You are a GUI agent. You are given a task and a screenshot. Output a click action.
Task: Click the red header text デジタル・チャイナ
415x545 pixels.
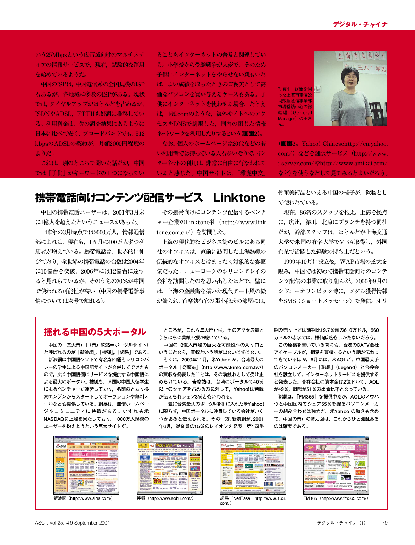[x=360, y=24]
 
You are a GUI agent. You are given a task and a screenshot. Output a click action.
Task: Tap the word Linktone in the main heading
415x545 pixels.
[x=239, y=198]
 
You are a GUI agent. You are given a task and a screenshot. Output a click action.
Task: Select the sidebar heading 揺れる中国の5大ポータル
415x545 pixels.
[x=95, y=332]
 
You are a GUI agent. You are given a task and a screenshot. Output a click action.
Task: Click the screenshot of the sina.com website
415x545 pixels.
[x=86, y=465]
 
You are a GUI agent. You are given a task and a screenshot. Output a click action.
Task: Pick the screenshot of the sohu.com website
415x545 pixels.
[x=169, y=465]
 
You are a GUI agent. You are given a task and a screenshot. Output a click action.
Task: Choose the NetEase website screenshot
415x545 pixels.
[x=253, y=465]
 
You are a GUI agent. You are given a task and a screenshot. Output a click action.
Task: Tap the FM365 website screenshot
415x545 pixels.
[x=336, y=465]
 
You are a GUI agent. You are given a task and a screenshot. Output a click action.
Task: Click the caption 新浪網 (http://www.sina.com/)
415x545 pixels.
[x=83, y=498]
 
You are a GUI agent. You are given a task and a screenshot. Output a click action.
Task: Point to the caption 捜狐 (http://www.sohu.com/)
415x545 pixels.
[x=165, y=498]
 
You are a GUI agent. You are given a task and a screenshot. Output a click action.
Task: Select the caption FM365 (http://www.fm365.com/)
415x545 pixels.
[x=336, y=498]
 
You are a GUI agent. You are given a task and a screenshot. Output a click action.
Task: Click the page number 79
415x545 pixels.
[x=384, y=523]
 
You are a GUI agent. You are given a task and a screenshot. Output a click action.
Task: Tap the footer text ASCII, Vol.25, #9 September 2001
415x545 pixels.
[x=72, y=523]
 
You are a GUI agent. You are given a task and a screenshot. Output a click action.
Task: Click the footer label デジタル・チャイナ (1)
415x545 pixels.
[x=341, y=523]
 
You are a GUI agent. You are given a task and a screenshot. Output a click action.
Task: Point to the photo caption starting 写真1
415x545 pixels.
[x=295, y=106]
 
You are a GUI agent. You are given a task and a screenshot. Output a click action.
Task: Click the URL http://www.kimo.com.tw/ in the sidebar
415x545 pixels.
[x=232, y=367]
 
